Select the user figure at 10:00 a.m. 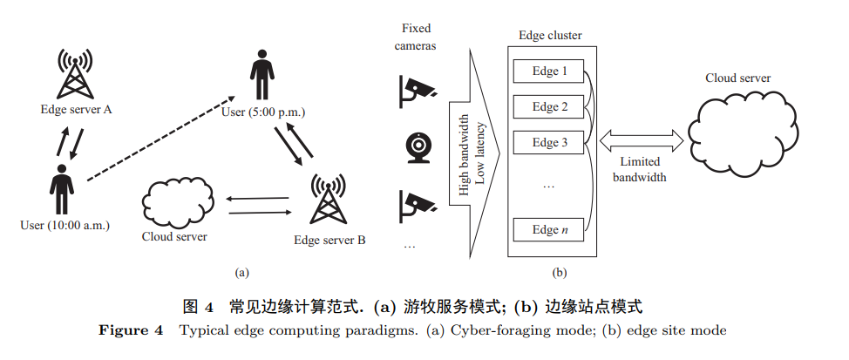tap(61, 187)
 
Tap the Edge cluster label tap(550, 37)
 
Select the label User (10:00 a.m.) tap(65, 226)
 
